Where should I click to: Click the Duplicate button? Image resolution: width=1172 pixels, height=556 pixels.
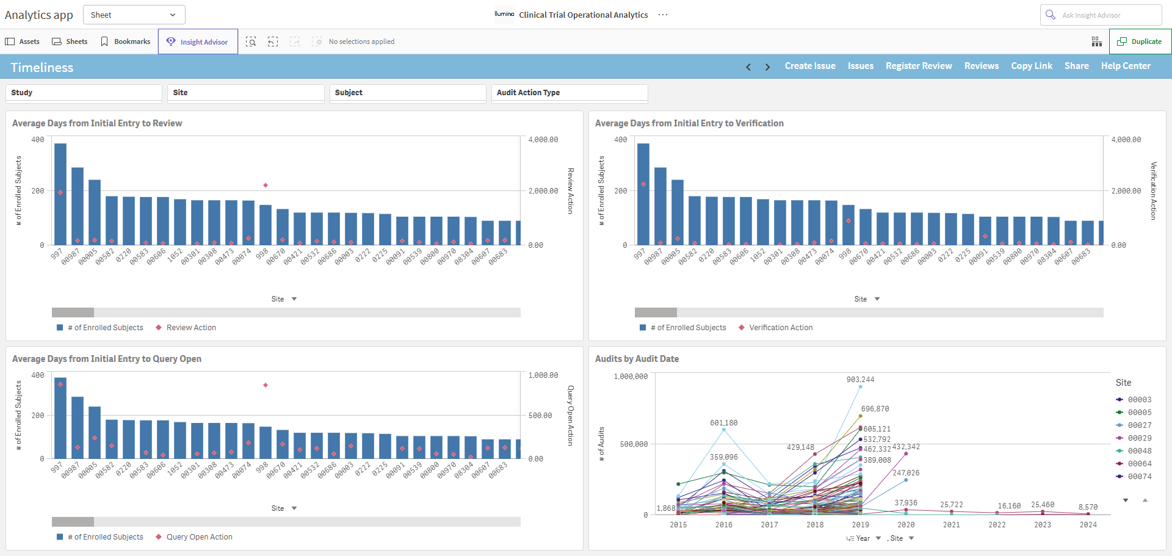[1140, 42]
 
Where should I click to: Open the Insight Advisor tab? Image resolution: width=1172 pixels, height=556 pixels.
[198, 42]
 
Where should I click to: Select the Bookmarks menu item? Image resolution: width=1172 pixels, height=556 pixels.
[125, 42]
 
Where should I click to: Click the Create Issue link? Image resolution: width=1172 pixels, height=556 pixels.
[810, 66]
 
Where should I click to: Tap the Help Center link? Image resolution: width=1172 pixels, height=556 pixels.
[1126, 66]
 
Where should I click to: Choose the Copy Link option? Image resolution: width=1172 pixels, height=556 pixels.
[1032, 66]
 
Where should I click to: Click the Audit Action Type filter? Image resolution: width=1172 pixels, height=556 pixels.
[570, 93]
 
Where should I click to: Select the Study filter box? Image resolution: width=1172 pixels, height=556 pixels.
[84, 93]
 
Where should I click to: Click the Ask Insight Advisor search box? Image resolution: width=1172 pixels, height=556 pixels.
[1101, 15]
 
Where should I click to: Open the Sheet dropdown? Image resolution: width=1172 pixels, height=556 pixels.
[134, 15]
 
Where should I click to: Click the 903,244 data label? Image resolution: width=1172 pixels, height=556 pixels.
[860, 380]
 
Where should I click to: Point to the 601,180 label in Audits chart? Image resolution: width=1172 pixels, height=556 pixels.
[723, 423]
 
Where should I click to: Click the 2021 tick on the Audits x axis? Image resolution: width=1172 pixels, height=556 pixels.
[951, 525]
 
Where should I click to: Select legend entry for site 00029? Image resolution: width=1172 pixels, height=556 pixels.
[1134, 438]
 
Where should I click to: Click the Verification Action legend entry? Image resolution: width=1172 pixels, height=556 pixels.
[775, 328]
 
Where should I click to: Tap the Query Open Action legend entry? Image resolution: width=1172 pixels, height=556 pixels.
[194, 537]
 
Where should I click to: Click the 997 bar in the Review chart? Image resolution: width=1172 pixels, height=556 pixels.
[60, 194]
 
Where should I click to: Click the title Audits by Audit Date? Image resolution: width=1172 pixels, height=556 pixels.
[637, 359]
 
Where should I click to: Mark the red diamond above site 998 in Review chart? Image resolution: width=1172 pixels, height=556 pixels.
[266, 185]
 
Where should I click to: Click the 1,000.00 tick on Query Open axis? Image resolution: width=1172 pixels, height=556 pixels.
[543, 375]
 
